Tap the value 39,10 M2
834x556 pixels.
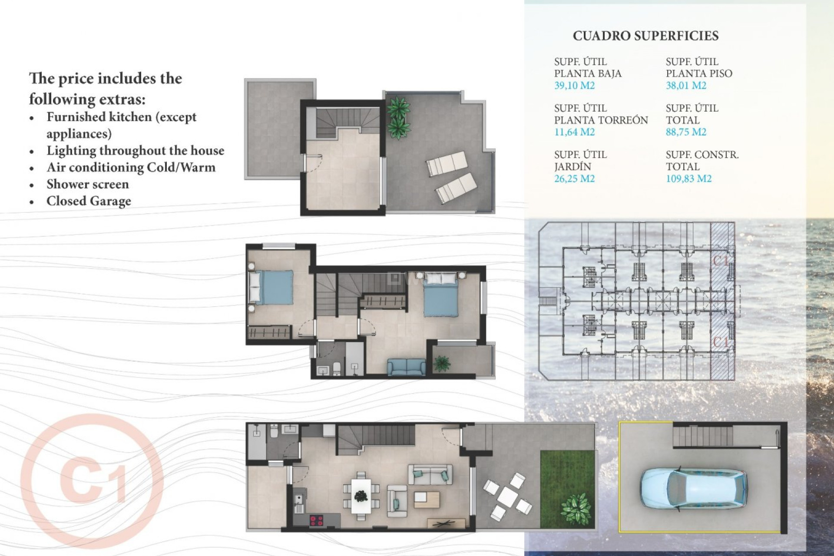click(x=574, y=86)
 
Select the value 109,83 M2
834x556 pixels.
click(x=688, y=179)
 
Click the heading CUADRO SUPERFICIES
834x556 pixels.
click(x=645, y=36)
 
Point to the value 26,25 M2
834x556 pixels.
click(x=574, y=179)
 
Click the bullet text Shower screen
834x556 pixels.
click(x=87, y=184)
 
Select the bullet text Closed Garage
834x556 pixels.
click(x=89, y=201)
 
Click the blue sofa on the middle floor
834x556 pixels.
click(x=407, y=367)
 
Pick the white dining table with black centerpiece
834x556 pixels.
click(x=361, y=496)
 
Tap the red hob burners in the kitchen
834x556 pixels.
click(x=316, y=520)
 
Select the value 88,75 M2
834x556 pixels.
click(x=686, y=132)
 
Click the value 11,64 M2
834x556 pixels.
click(x=574, y=132)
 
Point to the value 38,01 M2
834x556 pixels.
click(x=686, y=86)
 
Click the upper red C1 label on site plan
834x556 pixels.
click(x=721, y=260)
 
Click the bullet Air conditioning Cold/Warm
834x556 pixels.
click(x=131, y=167)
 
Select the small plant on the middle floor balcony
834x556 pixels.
click(x=442, y=363)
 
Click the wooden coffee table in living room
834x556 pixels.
click(x=427, y=500)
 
